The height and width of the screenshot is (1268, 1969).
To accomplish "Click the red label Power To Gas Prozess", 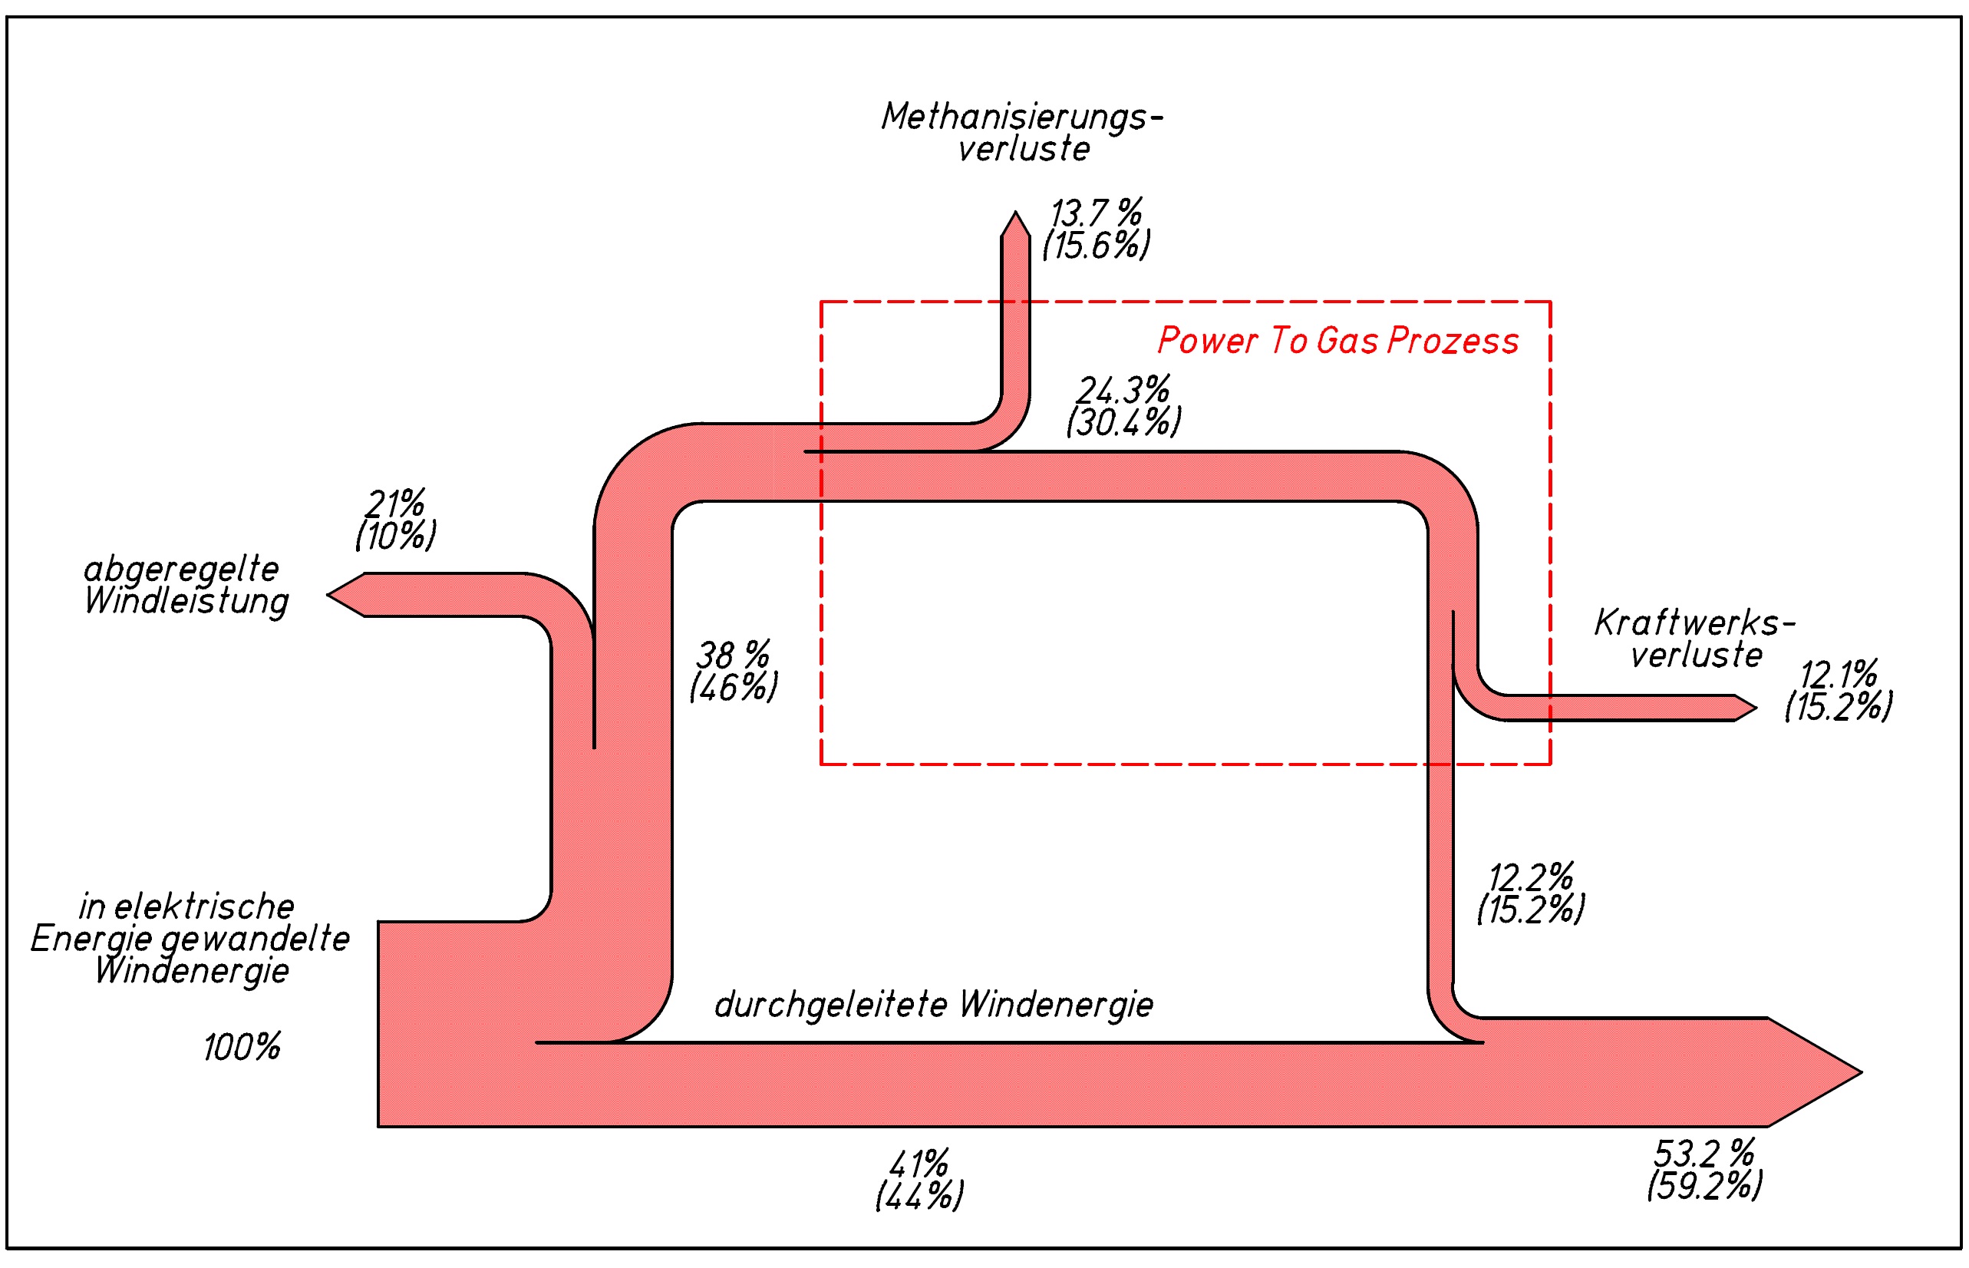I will click(1337, 341).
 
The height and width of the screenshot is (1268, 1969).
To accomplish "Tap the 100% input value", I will click(242, 1048).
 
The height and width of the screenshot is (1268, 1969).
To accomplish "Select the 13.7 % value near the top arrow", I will click(1096, 213).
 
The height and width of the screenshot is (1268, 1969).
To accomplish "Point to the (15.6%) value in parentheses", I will click(1096, 246).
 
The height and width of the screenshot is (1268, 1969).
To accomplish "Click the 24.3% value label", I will click(1123, 389).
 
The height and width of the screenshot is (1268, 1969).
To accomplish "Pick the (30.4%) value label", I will click(1123, 422).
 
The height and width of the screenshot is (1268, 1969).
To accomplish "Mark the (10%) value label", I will click(395, 536).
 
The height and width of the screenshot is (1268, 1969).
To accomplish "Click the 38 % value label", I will click(733, 655).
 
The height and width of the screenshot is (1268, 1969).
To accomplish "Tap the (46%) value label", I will click(733, 688).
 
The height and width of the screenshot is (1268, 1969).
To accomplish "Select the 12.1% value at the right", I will click(1838, 675).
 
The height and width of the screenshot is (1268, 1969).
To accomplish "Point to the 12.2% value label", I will click(1530, 878).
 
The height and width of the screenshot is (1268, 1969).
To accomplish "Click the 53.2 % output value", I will click(1703, 1153).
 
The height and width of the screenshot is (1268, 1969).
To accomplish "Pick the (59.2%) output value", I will click(1704, 1186).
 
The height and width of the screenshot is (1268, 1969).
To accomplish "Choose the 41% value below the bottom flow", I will click(919, 1164).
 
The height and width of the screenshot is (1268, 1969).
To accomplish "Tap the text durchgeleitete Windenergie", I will click(933, 1005).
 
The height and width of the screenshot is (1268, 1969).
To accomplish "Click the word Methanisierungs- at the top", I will click(1021, 117).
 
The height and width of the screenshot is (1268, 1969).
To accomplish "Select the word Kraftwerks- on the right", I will click(1694, 623).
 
